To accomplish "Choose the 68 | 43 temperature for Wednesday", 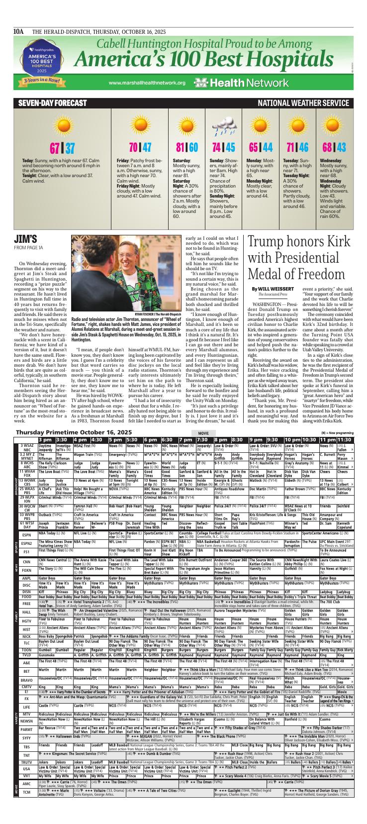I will coord(334,148).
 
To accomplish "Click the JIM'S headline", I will coord(25,238).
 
